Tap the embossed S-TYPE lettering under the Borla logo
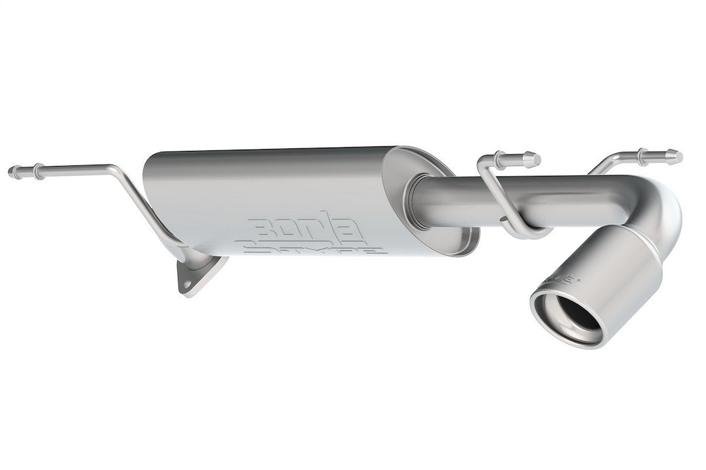311,248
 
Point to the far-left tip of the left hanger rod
11,172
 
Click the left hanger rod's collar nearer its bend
39,171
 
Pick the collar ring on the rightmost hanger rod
643,156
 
